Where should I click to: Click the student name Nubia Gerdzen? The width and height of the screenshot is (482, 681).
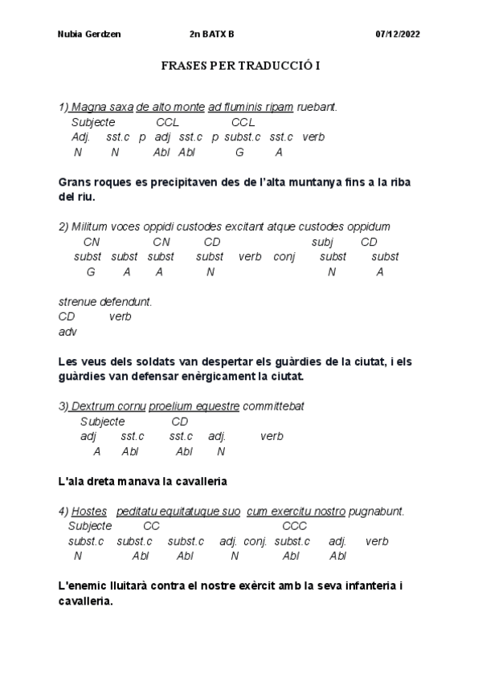click(86, 35)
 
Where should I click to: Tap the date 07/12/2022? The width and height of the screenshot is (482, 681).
click(398, 35)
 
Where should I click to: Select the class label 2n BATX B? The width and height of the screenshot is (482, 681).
click(212, 35)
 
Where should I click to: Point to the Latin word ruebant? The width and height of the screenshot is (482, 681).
click(317, 107)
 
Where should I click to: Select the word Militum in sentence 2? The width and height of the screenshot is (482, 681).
click(89, 227)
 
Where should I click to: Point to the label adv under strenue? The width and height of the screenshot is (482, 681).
click(67, 331)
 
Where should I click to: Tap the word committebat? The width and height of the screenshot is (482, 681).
click(273, 406)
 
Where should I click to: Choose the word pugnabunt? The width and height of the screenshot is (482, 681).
click(377, 512)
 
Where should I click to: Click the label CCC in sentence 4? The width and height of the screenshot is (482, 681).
click(294, 526)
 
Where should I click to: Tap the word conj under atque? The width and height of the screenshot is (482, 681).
click(284, 257)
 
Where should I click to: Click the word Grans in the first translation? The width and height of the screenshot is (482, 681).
click(77, 182)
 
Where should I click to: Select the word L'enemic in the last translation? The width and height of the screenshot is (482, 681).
click(85, 586)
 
